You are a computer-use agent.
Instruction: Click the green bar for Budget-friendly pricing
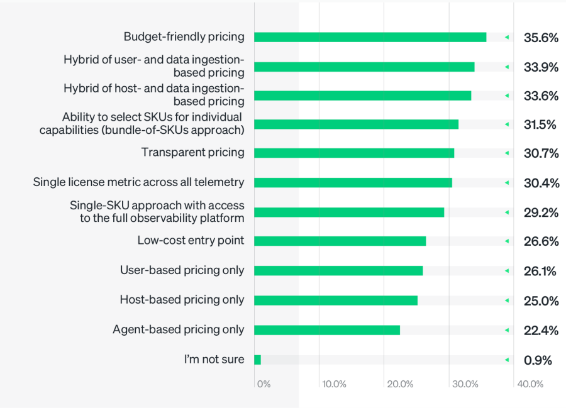coord(370,37)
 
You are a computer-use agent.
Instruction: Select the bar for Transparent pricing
coord(354,153)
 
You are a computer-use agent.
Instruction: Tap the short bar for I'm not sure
coord(257,360)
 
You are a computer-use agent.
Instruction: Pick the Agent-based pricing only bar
coord(327,330)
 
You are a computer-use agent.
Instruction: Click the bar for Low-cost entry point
coord(340,241)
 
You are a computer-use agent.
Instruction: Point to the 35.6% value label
coord(541,38)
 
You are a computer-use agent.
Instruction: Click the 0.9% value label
coord(538,360)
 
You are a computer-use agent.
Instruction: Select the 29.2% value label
coord(541,212)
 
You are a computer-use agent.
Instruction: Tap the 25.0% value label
coord(541,301)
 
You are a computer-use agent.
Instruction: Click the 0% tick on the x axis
coord(264,384)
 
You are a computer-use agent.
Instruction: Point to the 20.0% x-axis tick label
coord(400,384)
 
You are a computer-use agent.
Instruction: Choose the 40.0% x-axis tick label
coord(530,384)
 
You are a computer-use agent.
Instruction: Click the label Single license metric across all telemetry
coord(138,182)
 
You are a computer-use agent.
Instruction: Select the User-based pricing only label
coord(182,270)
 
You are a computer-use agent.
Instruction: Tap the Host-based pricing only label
coord(182,300)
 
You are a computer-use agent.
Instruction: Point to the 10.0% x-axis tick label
coord(334,384)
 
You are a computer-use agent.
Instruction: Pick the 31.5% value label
coord(540,124)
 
